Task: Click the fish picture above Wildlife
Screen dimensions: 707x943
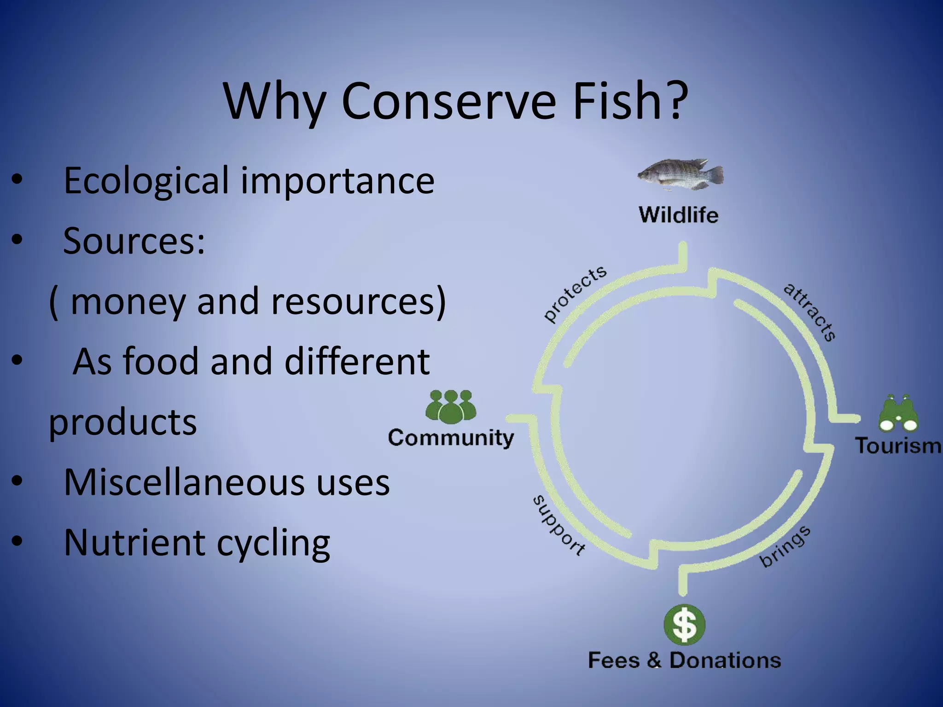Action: point(681,175)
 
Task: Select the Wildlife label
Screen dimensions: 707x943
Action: point(679,215)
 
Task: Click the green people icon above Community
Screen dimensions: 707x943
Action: point(451,407)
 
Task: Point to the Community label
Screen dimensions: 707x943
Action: point(451,438)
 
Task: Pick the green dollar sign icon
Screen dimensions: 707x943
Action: point(685,625)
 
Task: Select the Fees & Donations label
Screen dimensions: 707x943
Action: point(685,660)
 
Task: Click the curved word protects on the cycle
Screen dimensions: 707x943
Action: point(575,293)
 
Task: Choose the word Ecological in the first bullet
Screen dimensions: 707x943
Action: point(146,180)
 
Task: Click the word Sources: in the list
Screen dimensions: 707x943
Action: point(134,241)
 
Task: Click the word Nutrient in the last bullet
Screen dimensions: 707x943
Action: point(134,542)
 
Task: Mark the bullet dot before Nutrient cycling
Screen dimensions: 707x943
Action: point(17,542)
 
